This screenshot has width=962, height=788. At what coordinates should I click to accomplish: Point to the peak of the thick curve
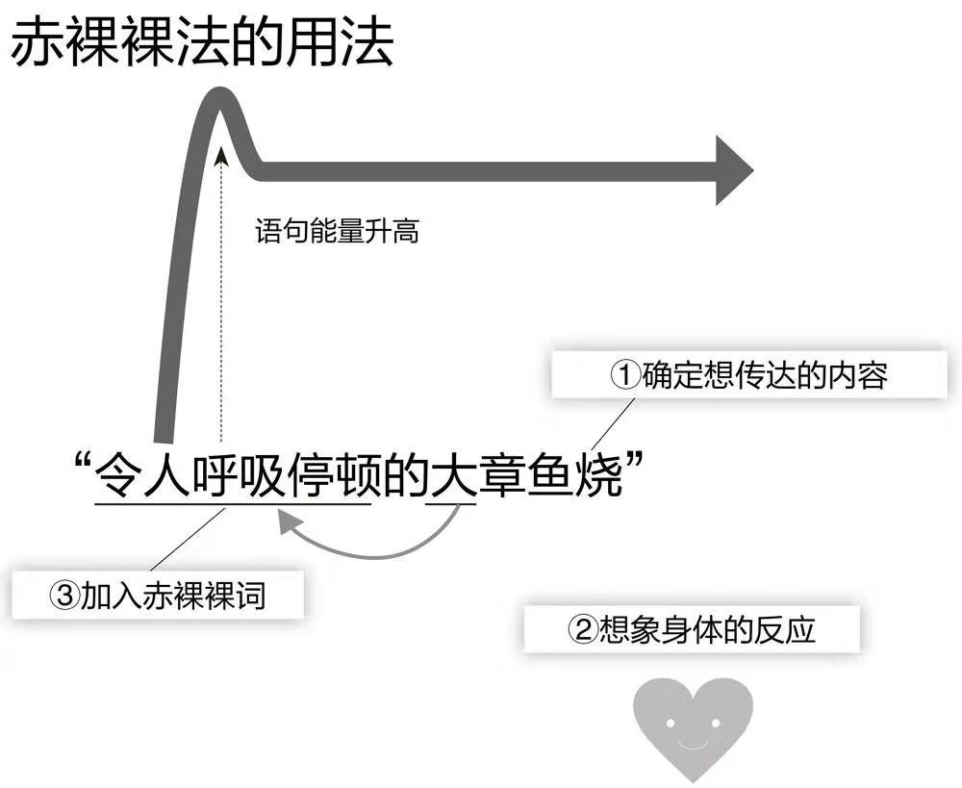point(220,94)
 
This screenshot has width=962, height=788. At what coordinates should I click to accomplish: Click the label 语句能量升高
point(337,232)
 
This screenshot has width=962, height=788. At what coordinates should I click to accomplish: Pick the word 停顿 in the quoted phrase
point(332,475)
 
